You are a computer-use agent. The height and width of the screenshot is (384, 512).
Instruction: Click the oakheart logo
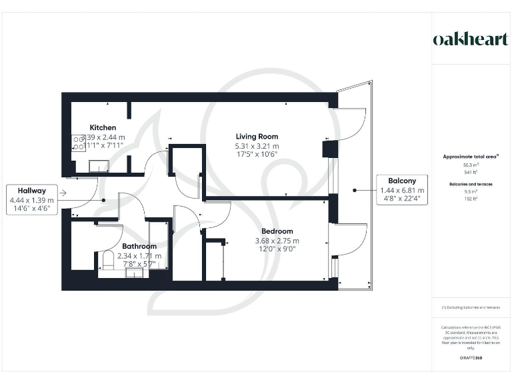(470, 39)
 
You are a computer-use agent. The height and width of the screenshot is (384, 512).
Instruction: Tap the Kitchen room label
(103, 127)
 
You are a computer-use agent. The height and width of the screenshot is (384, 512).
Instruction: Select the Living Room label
(257, 137)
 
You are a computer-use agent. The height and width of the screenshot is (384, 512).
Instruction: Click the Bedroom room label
(276, 231)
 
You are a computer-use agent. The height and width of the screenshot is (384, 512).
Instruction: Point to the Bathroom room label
(139, 246)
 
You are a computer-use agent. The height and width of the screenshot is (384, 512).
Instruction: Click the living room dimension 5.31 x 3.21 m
(257, 146)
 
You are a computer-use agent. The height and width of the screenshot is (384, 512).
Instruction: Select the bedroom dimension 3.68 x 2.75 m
(276, 241)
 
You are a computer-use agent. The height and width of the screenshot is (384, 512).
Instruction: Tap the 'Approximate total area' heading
(471, 157)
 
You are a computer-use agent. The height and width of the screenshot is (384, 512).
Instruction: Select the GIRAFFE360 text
(471, 358)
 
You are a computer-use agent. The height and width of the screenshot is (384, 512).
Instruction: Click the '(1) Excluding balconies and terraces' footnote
(471, 307)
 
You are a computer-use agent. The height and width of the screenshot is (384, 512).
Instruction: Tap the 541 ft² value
(471, 171)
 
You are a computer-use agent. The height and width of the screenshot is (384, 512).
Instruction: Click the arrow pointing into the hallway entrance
(62, 193)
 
